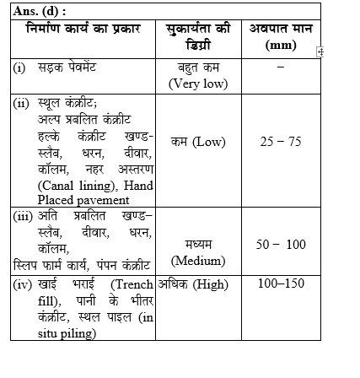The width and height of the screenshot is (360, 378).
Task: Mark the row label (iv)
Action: pos(21,283)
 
